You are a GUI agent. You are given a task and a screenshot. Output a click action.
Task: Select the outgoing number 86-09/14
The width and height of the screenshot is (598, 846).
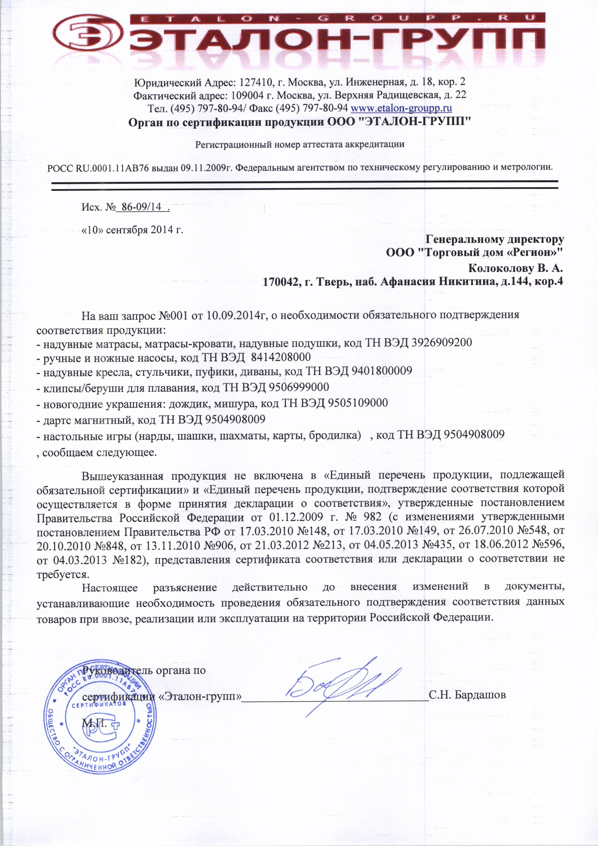click(x=142, y=207)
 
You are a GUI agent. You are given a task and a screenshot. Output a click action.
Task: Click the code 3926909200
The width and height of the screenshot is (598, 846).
click(x=442, y=343)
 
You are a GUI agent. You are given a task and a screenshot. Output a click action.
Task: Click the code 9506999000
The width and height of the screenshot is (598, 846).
click(x=299, y=387)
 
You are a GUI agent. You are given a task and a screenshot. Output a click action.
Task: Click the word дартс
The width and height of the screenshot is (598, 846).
click(x=56, y=419)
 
